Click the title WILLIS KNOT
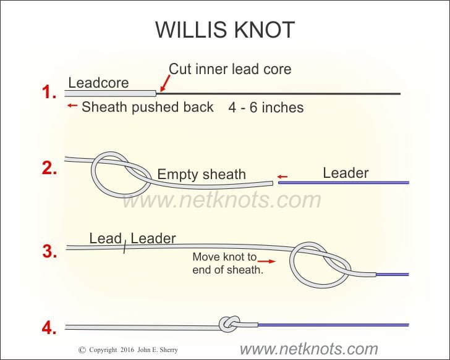pos(225,30)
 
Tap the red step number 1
pos(49,92)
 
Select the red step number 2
pos(49,168)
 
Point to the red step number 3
pos(49,251)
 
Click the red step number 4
pos(49,328)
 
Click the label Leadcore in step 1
pos(98,83)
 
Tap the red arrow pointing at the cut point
pos(164,83)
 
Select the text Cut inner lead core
pos(230,69)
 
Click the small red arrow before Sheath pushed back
pos(72,106)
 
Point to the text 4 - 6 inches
pos(266,108)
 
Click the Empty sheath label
pos(202,174)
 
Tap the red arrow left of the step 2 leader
pos(282,177)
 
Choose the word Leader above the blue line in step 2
pos(346,173)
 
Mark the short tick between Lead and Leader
pos(125,247)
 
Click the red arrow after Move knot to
pos(266,261)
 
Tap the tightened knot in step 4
pos(229,324)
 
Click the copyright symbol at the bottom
pos(82,350)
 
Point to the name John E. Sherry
pos(158,350)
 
